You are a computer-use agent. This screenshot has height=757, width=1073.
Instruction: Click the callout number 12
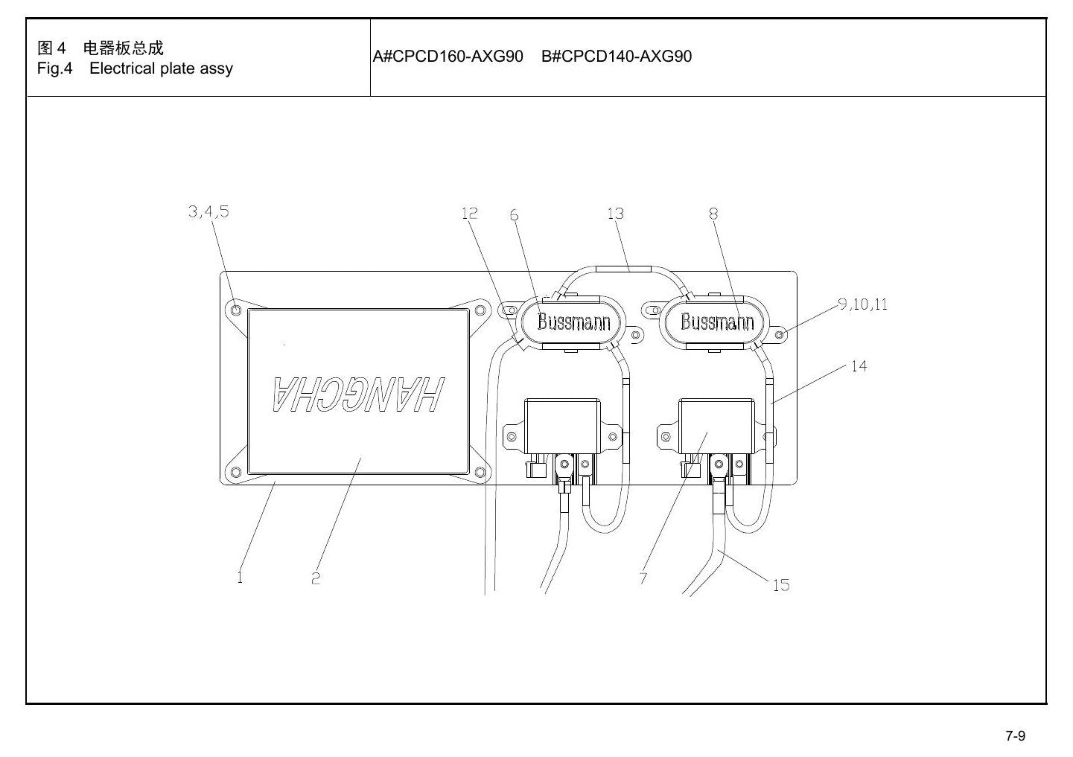[x=469, y=213]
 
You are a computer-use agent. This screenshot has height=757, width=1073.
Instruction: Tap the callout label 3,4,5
[x=208, y=211]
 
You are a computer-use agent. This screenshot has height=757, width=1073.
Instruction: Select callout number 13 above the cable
[x=616, y=214]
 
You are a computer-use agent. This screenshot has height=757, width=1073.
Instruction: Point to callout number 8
[x=714, y=214]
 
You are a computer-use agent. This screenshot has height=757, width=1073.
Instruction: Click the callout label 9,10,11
[x=863, y=304]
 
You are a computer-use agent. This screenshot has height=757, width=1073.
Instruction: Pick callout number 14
[x=859, y=366]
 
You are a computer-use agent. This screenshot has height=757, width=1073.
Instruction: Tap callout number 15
[x=781, y=584]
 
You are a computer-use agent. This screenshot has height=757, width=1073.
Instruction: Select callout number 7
[x=643, y=578]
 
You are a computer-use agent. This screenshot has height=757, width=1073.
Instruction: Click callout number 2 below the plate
[x=315, y=578]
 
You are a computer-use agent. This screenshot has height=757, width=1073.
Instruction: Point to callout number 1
[x=240, y=578]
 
